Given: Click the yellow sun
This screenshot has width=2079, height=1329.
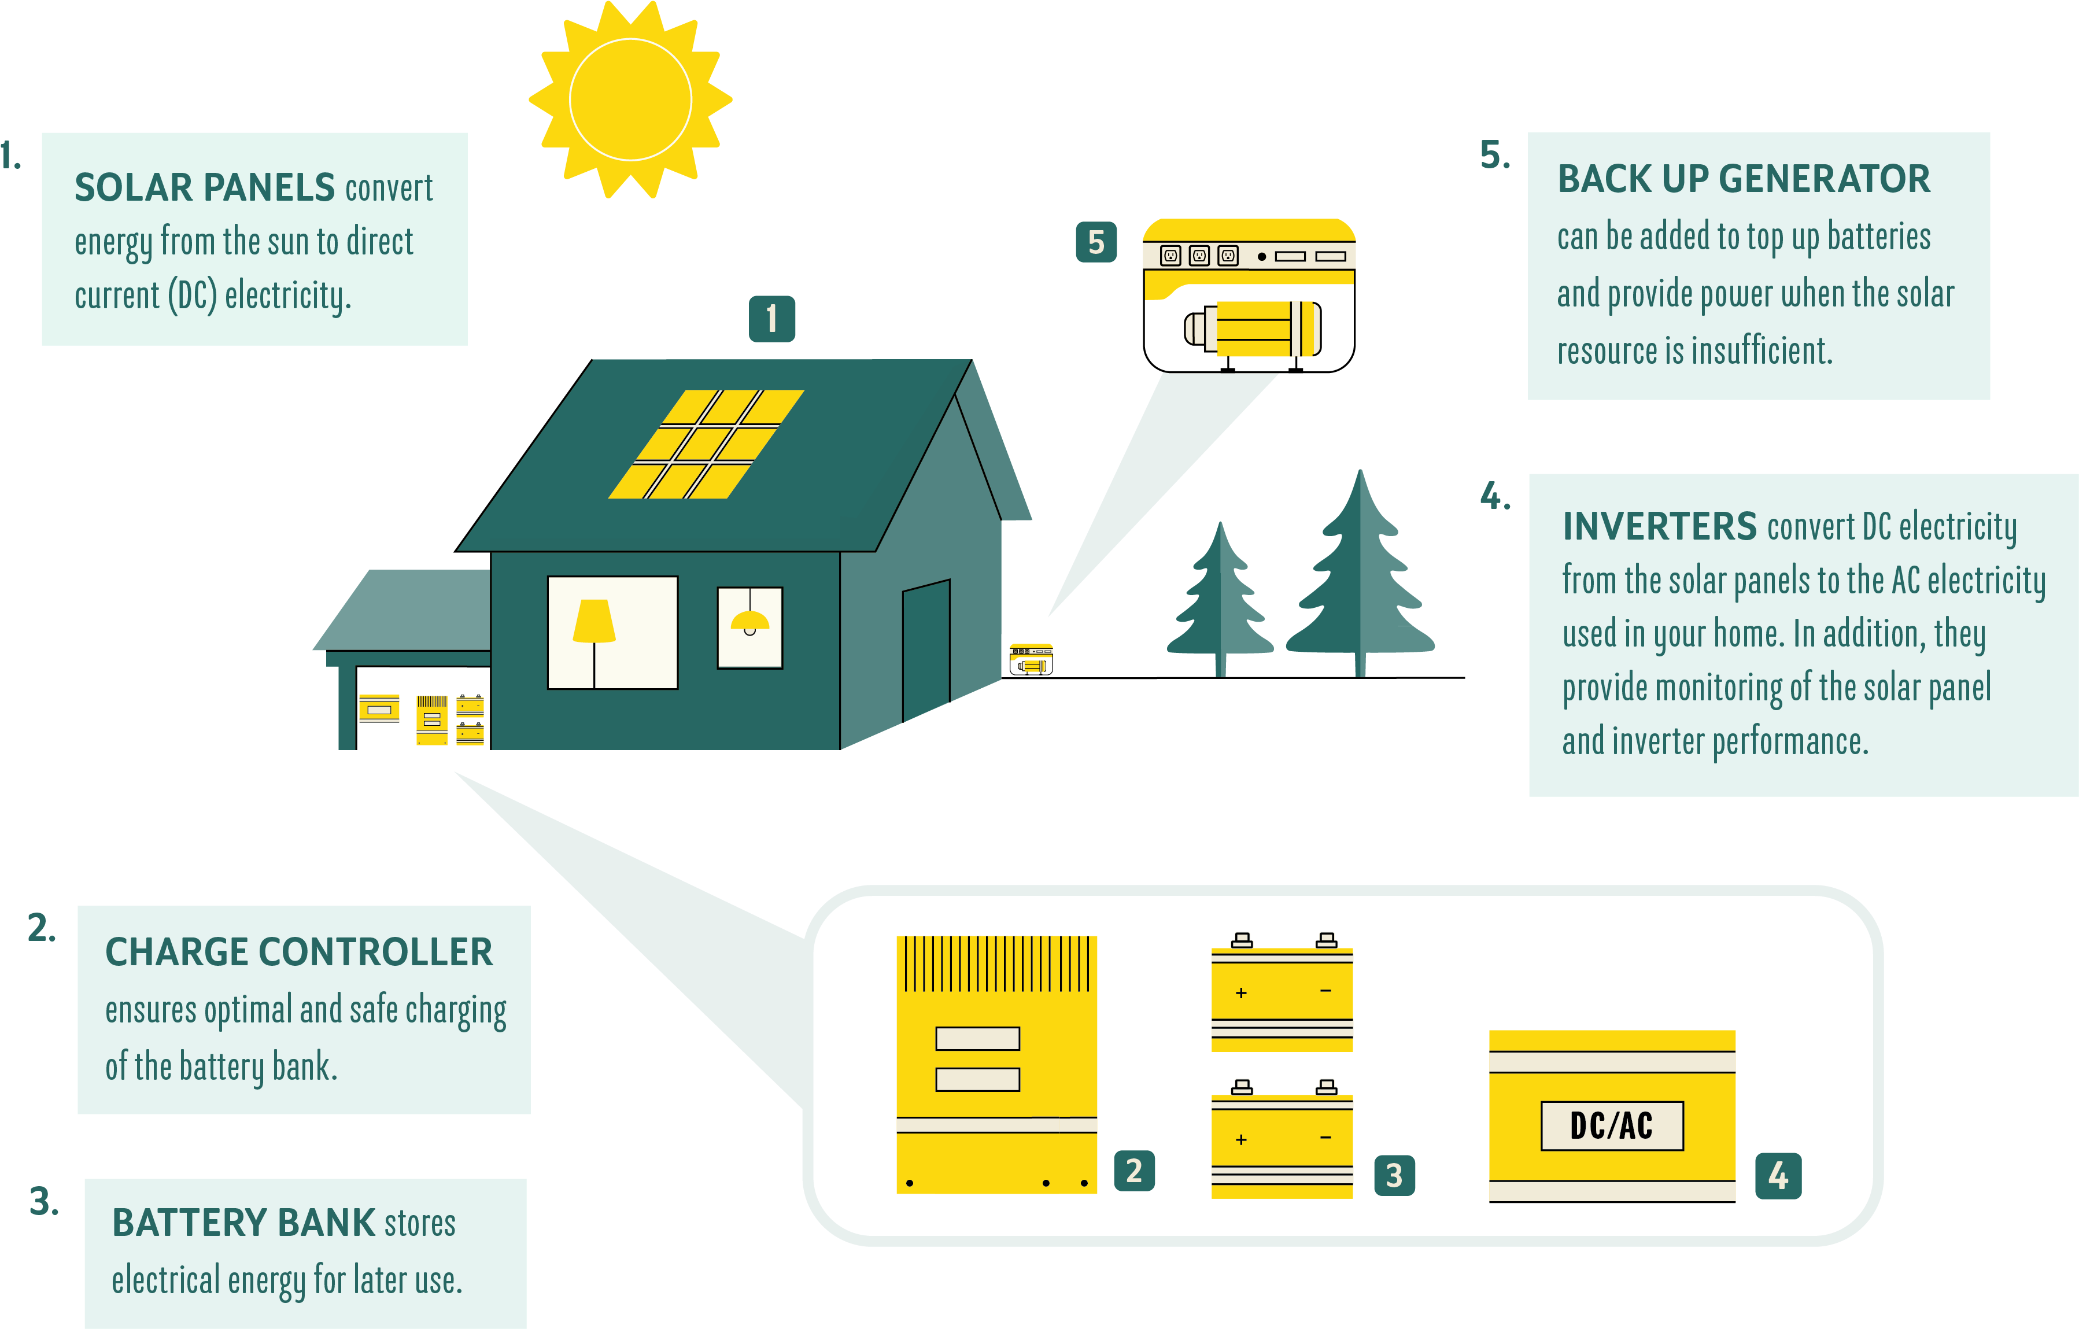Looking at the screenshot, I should [630, 99].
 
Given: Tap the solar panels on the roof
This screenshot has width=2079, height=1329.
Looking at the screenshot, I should [706, 444].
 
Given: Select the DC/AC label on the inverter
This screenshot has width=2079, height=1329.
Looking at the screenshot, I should [1611, 1125].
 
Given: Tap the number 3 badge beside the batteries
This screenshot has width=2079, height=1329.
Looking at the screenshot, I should [1394, 1175].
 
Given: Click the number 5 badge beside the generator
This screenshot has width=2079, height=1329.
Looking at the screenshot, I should [1096, 242].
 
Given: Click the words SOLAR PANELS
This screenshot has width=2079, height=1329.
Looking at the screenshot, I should [205, 187].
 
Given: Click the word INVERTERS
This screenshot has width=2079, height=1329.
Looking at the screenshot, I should [1659, 526].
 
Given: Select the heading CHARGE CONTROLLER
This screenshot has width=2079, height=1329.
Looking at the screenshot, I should [299, 951].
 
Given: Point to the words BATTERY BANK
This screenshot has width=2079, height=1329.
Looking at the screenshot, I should [243, 1222].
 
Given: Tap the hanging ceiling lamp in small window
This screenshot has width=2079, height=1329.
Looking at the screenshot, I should [749, 620].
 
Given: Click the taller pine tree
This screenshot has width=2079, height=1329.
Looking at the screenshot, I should [1360, 578].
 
